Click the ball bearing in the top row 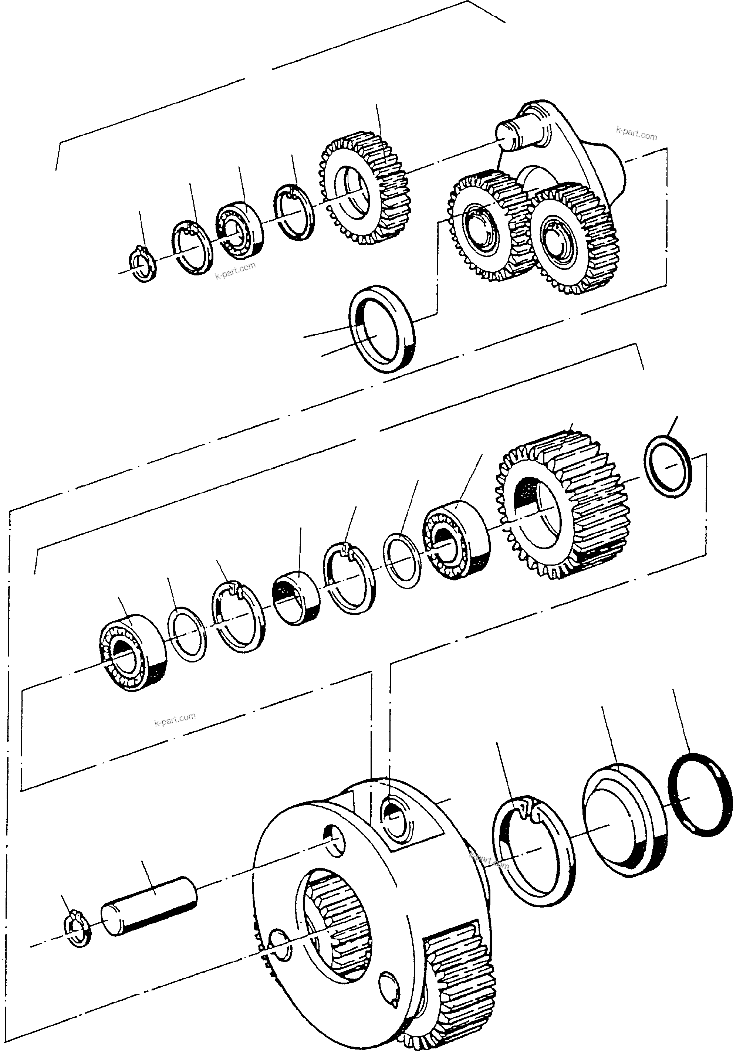[239, 230]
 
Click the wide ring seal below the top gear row [382, 328]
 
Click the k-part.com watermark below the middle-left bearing [175, 720]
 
